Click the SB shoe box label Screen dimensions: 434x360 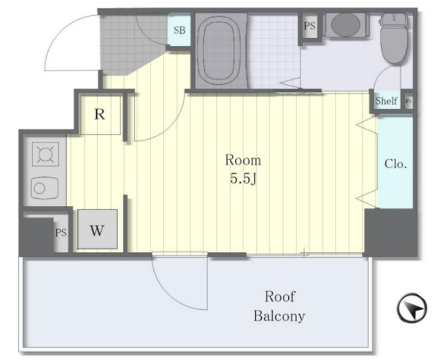click(179, 30)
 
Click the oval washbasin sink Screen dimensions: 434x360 click(345, 24)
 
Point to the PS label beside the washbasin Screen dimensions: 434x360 click(309, 26)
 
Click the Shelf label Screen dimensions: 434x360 click(387, 101)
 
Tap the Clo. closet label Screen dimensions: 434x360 click(395, 164)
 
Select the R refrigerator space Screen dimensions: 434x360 click(100, 114)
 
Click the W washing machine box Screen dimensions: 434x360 click(97, 229)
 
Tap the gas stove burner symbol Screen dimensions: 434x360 click(45, 154)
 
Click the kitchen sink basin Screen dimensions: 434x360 click(45, 188)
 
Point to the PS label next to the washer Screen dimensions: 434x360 click(61, 233)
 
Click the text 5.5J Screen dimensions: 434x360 click(243, 179)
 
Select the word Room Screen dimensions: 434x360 click(243, 160)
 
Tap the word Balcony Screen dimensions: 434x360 click(279, 316)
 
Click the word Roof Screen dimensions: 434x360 click(280, 297)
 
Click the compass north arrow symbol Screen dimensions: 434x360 click(412, 308)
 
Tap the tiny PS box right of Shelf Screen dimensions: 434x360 click(409, 101)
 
